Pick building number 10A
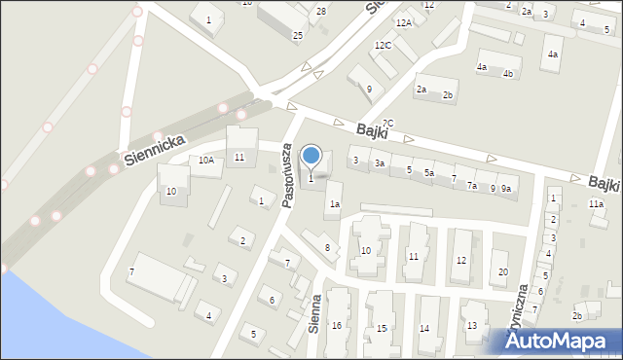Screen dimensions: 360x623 tap(205, 161)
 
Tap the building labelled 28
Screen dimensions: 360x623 tap(321, 12)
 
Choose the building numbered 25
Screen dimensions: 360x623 tap(298, 35)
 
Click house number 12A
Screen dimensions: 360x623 tap(403, 22)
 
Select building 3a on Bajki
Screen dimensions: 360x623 tap(381, 164)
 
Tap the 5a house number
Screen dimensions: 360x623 tap(428, 172)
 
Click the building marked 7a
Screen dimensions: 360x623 tap(472, 185)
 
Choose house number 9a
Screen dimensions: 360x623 tap(506, 189)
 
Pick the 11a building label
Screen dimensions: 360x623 tap(596, 204)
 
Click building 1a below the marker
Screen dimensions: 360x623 tap(334, 204)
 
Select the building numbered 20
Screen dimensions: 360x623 tap(502, 271)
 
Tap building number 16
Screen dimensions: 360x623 tap(337, 325)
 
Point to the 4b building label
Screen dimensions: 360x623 tap(508, 73)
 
